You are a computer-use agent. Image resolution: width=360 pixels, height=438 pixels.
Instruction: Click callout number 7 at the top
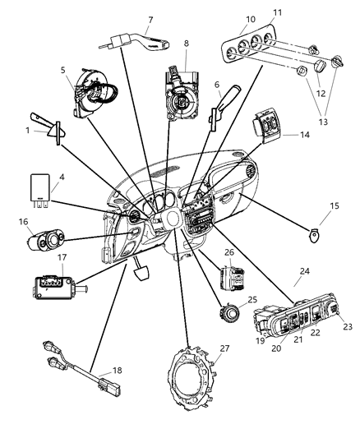click(150, 19)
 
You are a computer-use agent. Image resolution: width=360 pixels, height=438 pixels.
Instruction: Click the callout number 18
click(118, 371)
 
